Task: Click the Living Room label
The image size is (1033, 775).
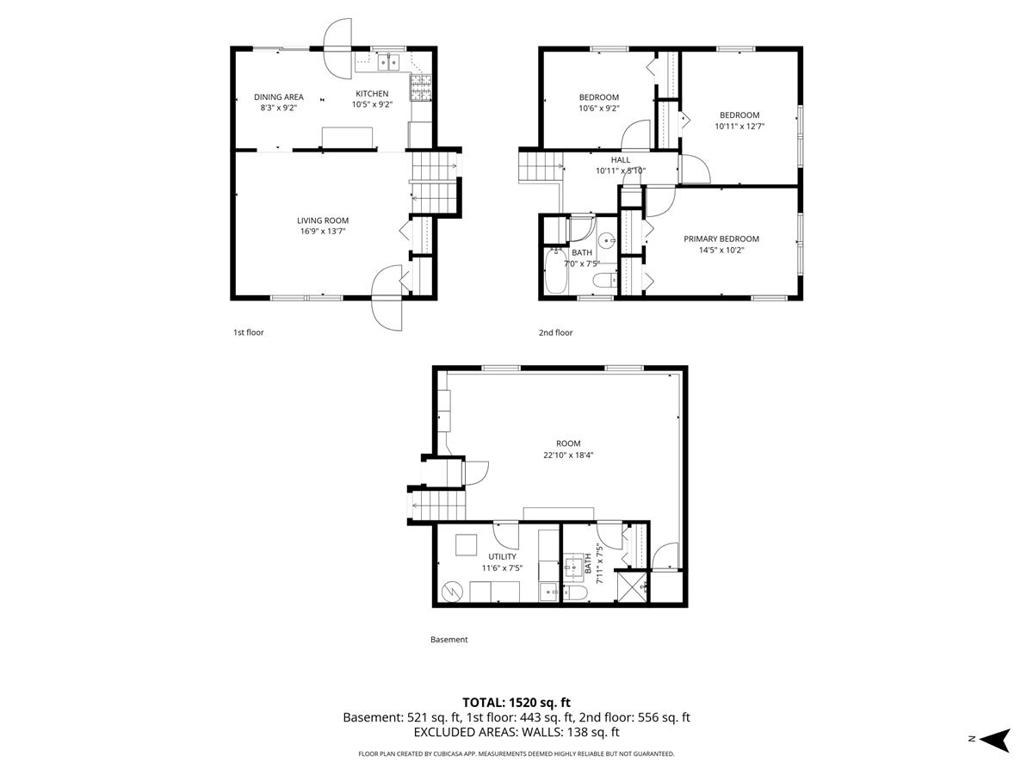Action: click(x=324, y=220)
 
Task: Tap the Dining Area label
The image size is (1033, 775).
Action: click(x=278, y=96)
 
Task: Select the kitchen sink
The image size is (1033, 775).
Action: click(x=388, y=62)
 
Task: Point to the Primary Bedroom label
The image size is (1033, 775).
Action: click(x=721, y=239)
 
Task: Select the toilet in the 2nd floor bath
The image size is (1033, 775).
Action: click(x=606, y=278)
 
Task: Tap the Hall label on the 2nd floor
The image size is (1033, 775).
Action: click(x=620, y=159)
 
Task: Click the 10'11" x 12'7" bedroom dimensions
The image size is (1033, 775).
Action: click(x=739, y=126)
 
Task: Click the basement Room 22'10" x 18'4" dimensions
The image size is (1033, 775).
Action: click(x=561, y=456)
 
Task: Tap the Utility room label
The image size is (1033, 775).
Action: click(x=502, y=556)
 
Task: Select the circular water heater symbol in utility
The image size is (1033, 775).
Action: click(x=453, y=592)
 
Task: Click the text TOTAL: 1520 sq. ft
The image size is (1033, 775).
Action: click(x=516, y=702)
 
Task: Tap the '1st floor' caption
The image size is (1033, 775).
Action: click(x=248, y=332)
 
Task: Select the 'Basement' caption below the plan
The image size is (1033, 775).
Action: click(x=448, y=640)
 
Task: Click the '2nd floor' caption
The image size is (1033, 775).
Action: click(x=555, y=332)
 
